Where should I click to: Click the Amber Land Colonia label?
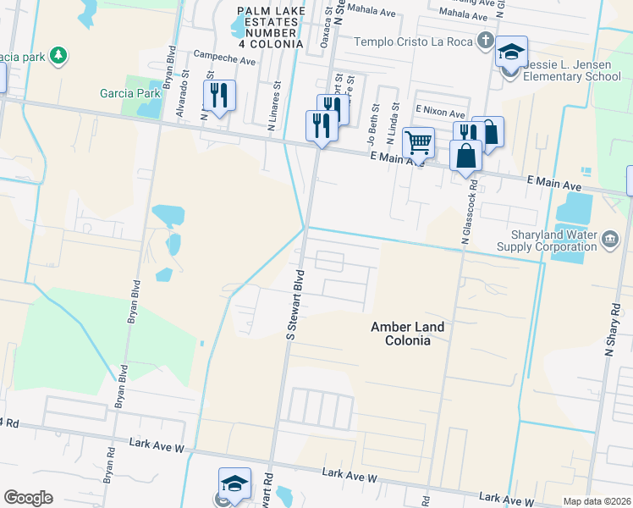tap(400, 333)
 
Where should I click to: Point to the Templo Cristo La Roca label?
tap(414, 41)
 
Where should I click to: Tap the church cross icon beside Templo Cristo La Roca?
tap(485, 40)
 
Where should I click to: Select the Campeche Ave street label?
tap(224, 60)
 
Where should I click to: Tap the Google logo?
tap(28, 498)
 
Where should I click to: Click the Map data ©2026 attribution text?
tap(596, 501)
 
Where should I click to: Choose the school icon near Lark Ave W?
tap(234, 483)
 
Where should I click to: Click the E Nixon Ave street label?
tap(440, 113)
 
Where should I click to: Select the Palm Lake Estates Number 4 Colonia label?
tap(270, 26)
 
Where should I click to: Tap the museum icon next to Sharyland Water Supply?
tap(609, 240)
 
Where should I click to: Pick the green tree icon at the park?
tap(58, 56)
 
